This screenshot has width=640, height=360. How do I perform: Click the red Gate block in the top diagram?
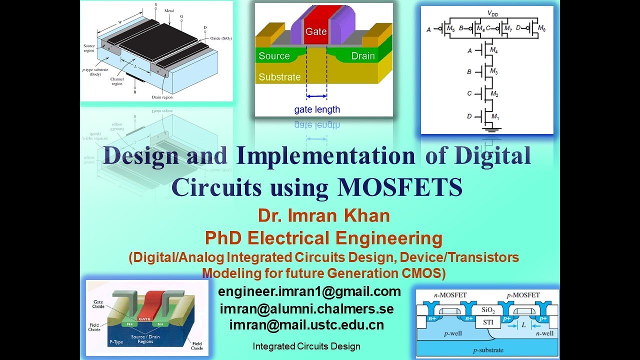tap(316, 31)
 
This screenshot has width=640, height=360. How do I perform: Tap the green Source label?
tap(274, 56)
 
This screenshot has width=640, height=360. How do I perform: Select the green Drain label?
tap(363, 56)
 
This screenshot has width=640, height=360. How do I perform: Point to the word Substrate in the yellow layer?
tap(279, 77)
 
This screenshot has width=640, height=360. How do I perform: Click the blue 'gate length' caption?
tap(316, 109)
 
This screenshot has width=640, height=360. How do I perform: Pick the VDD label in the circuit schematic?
tap(492, 14)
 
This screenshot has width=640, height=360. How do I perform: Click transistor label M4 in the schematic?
tap(494, 50)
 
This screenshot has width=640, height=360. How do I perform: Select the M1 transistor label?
tap(495, 116)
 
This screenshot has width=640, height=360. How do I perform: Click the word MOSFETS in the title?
tap(400, 187)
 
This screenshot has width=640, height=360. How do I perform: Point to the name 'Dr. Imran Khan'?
tap(324, 216)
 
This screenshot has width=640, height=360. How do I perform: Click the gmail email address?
tap(309, 291)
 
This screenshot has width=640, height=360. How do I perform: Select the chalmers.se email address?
tap(306, 308)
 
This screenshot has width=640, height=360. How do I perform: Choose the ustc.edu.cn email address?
tap(306, 325)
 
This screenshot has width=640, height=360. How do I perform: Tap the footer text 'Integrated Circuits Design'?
tap(306, 346)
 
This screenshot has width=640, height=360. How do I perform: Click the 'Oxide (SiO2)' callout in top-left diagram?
tap(220, 38)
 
